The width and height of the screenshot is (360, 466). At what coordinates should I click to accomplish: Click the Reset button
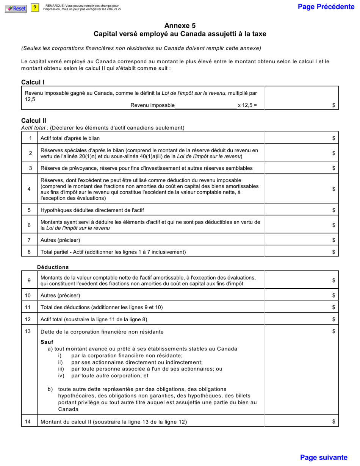click(16, 8)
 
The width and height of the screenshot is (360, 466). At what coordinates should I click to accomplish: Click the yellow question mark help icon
click(35, 8)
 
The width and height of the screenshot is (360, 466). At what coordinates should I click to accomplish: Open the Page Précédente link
click(326, 7)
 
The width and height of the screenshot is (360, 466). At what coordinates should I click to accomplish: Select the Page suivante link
click(324, 457)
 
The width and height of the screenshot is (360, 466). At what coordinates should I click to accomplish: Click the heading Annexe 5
click(180, 26)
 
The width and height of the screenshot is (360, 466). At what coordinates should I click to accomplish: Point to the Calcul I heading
click(33, 82)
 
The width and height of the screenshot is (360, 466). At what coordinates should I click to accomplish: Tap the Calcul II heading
click(34, 120)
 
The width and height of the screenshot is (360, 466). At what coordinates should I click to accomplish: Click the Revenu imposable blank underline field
click(205, 105)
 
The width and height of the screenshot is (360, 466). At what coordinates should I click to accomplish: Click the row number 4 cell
click(29, 189)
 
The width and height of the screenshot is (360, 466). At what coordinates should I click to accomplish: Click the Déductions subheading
click(53, 267)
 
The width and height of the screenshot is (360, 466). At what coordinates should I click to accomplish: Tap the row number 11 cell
click(29, 307)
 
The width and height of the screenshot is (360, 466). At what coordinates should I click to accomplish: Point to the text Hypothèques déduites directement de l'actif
click(92, 210)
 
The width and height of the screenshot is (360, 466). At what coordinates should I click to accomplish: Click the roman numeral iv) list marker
click(61, 376)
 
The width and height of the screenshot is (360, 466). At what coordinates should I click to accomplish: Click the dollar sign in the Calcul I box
click(333, 106)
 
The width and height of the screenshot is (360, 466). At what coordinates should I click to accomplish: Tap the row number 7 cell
click(29, 240)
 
